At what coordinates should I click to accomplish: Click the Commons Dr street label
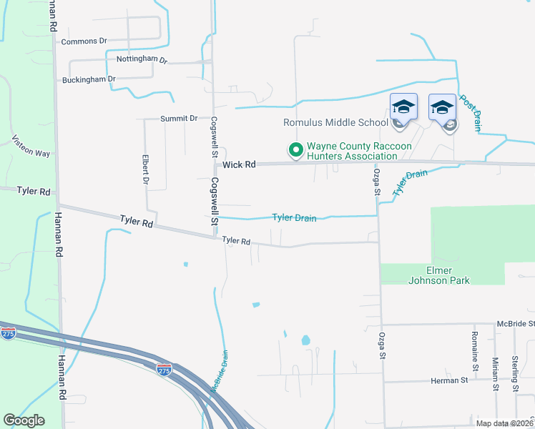pyautogui.click(x=84, y=41)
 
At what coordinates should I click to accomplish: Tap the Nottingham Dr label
pyautogui.click(x=142, y=60)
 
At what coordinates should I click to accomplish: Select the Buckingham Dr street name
pyautogui.click(x=89, y=79)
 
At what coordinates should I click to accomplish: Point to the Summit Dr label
pyautogui.click(x=179, y=118)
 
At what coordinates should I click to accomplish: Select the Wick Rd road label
pyautogui.click(x=239, y=164)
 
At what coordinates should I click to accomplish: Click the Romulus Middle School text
pyautogui.click(x=335, y=122)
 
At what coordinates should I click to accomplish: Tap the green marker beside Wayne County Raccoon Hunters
pyautogui.click(x=295, y=149)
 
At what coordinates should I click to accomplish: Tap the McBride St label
pyautogui.click(x=515, y=324)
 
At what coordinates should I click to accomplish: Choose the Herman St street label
pyautogui.click(x=448, y=380)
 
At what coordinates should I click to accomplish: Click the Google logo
pyautogui.click(x=24, y=420)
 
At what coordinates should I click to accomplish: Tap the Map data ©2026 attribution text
pyautogui.click(x=505, y=423)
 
